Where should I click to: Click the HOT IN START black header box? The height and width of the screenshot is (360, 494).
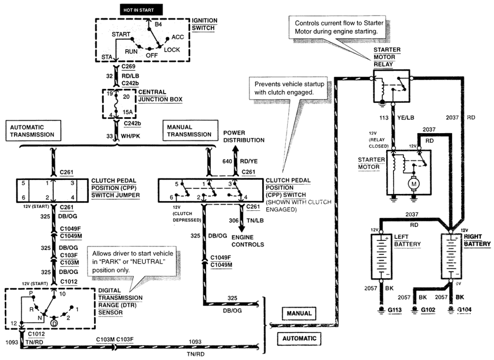point(141,9)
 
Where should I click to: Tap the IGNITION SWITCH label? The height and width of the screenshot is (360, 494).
point(204,25)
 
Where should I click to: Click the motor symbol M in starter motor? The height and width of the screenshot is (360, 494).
point(414,183)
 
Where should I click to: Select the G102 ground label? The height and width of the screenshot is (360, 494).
point(425,310)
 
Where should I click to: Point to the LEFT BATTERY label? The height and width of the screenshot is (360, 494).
point(408,241)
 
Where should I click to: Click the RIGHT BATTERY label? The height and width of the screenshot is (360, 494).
point(477,241)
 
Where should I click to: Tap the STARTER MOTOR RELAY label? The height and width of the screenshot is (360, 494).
point(387,57)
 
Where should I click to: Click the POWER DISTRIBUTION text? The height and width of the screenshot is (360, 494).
point(243,136)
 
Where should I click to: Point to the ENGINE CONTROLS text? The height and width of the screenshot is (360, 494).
point(248,241)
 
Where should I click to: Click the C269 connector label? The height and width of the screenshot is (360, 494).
point(128,66)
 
